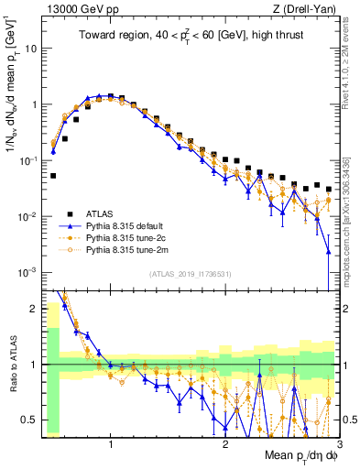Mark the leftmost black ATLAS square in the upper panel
pos(53,175)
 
